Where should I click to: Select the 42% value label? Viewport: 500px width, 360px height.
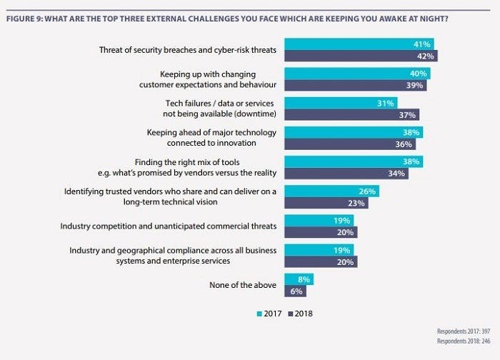426,56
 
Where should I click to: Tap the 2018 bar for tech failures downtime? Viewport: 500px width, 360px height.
351,114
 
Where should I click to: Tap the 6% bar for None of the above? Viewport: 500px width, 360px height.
296,291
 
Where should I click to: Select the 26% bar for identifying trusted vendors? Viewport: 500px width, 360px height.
331,191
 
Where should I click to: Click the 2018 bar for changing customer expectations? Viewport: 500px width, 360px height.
355,86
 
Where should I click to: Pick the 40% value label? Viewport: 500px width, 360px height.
419,74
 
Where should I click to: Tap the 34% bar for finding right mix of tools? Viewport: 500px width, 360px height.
346,174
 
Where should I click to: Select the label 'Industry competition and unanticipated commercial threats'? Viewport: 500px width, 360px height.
169,226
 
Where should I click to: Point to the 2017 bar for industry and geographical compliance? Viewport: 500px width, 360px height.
321,249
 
